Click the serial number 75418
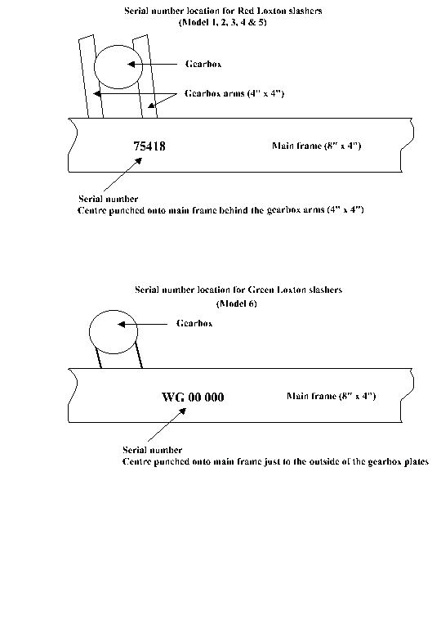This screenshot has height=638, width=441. tap(149, 146)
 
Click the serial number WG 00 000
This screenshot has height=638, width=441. tap(193, 398)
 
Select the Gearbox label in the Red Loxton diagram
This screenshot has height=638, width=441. tap(203, 64)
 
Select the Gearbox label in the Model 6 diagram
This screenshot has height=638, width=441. tap(194, 323)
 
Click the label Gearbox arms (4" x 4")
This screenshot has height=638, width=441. tap(234, 93)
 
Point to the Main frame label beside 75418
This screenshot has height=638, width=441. tap(316, 146)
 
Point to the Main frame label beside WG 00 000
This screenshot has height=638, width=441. tap(331, 396)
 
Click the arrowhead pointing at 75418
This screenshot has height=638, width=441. tap(139, 161)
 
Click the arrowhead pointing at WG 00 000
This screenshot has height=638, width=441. tap(182, 411)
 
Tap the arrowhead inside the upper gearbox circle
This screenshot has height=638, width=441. tap(131, 65)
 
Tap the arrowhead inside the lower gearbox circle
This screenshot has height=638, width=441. tap(121, 324)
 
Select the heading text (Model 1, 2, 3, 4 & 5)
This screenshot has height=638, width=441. tap(222, 22)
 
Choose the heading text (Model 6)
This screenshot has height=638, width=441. tap(236, 303)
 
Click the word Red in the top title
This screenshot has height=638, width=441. tap(245, 11)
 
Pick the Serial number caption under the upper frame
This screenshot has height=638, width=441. tap(108, 199)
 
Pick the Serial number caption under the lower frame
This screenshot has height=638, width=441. tap(152, 450)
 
